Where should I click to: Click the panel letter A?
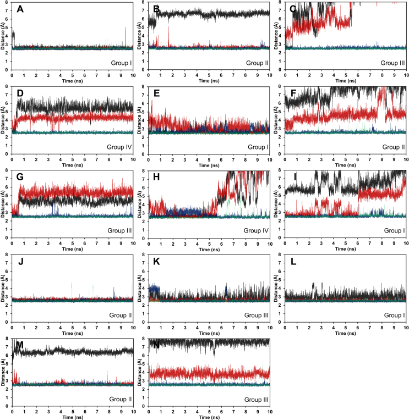tap(20, 9)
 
